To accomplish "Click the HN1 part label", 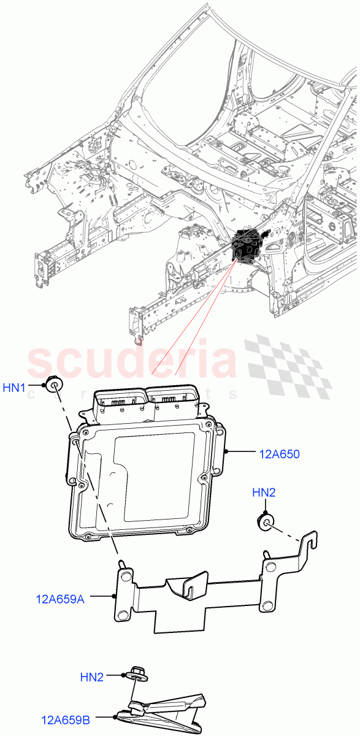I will click(x=14, y=388).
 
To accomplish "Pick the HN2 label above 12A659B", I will click(x=92, y=677).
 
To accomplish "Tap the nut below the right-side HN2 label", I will click(x=266, y=522).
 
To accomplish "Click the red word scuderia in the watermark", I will click(x=132, y=363).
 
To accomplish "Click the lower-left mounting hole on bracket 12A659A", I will click(x=124, y=615).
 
